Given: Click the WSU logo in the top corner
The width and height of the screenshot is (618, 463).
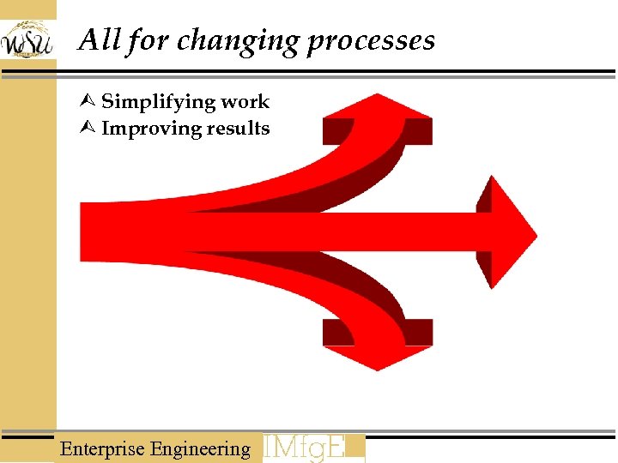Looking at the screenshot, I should [x=27, y=39].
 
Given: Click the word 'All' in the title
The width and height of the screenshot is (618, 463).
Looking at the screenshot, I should [x=97, y=39].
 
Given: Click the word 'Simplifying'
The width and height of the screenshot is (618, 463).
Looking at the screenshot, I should [x=158, y=102].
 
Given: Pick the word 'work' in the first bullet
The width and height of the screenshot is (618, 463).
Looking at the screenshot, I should [x=245, y=101].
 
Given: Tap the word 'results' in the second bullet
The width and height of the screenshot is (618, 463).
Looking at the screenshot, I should [x=238, y=129].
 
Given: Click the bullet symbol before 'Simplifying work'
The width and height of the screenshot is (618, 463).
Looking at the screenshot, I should [x=90, y=102].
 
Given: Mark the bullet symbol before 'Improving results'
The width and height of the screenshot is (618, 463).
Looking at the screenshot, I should [x=90, y=129].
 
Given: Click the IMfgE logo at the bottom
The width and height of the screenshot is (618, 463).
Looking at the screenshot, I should [x=313, y=448].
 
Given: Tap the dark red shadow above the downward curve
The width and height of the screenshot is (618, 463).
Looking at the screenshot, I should [x=360, y=283].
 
